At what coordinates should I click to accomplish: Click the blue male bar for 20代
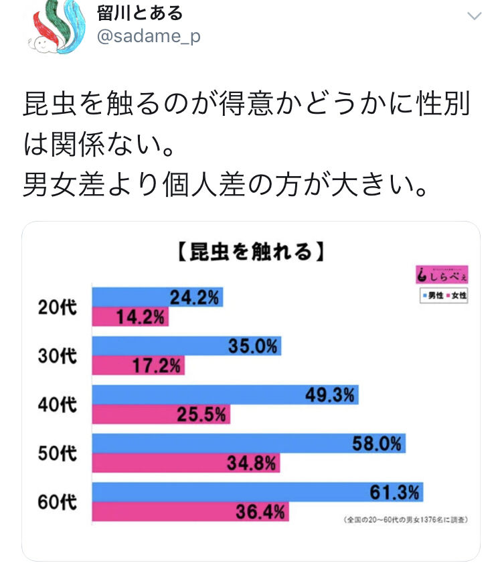click(157, 297)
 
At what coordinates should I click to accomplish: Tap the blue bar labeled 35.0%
click(186, 346)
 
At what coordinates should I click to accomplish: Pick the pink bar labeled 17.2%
click(138, 366)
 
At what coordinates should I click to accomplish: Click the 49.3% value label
click(329, 395)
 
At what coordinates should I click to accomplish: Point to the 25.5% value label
click(201, 415)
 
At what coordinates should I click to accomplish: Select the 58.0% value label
click(377, 443)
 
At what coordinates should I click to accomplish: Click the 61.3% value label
click(395, 493)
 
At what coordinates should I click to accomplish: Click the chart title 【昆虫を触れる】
click(250, 251)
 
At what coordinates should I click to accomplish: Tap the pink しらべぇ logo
click(441, 275)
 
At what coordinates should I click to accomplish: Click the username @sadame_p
click(149, 36)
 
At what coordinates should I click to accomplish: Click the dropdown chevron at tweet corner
click(474, 16)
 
